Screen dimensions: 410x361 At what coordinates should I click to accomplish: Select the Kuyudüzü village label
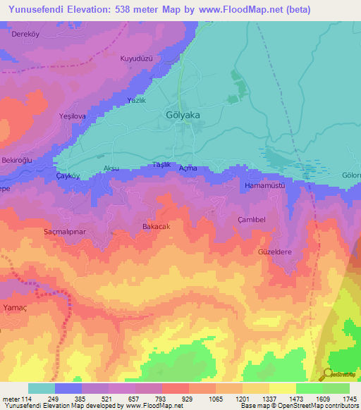click(137, 58)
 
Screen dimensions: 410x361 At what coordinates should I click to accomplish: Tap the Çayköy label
click(69, 177)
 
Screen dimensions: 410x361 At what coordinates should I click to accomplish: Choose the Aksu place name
click(111, 168)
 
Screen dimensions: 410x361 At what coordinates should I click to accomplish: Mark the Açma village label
click(188, 168)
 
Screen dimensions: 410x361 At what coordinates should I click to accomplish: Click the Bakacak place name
click(157, 226)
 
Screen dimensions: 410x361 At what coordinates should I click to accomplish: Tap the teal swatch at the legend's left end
click(42, 388)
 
